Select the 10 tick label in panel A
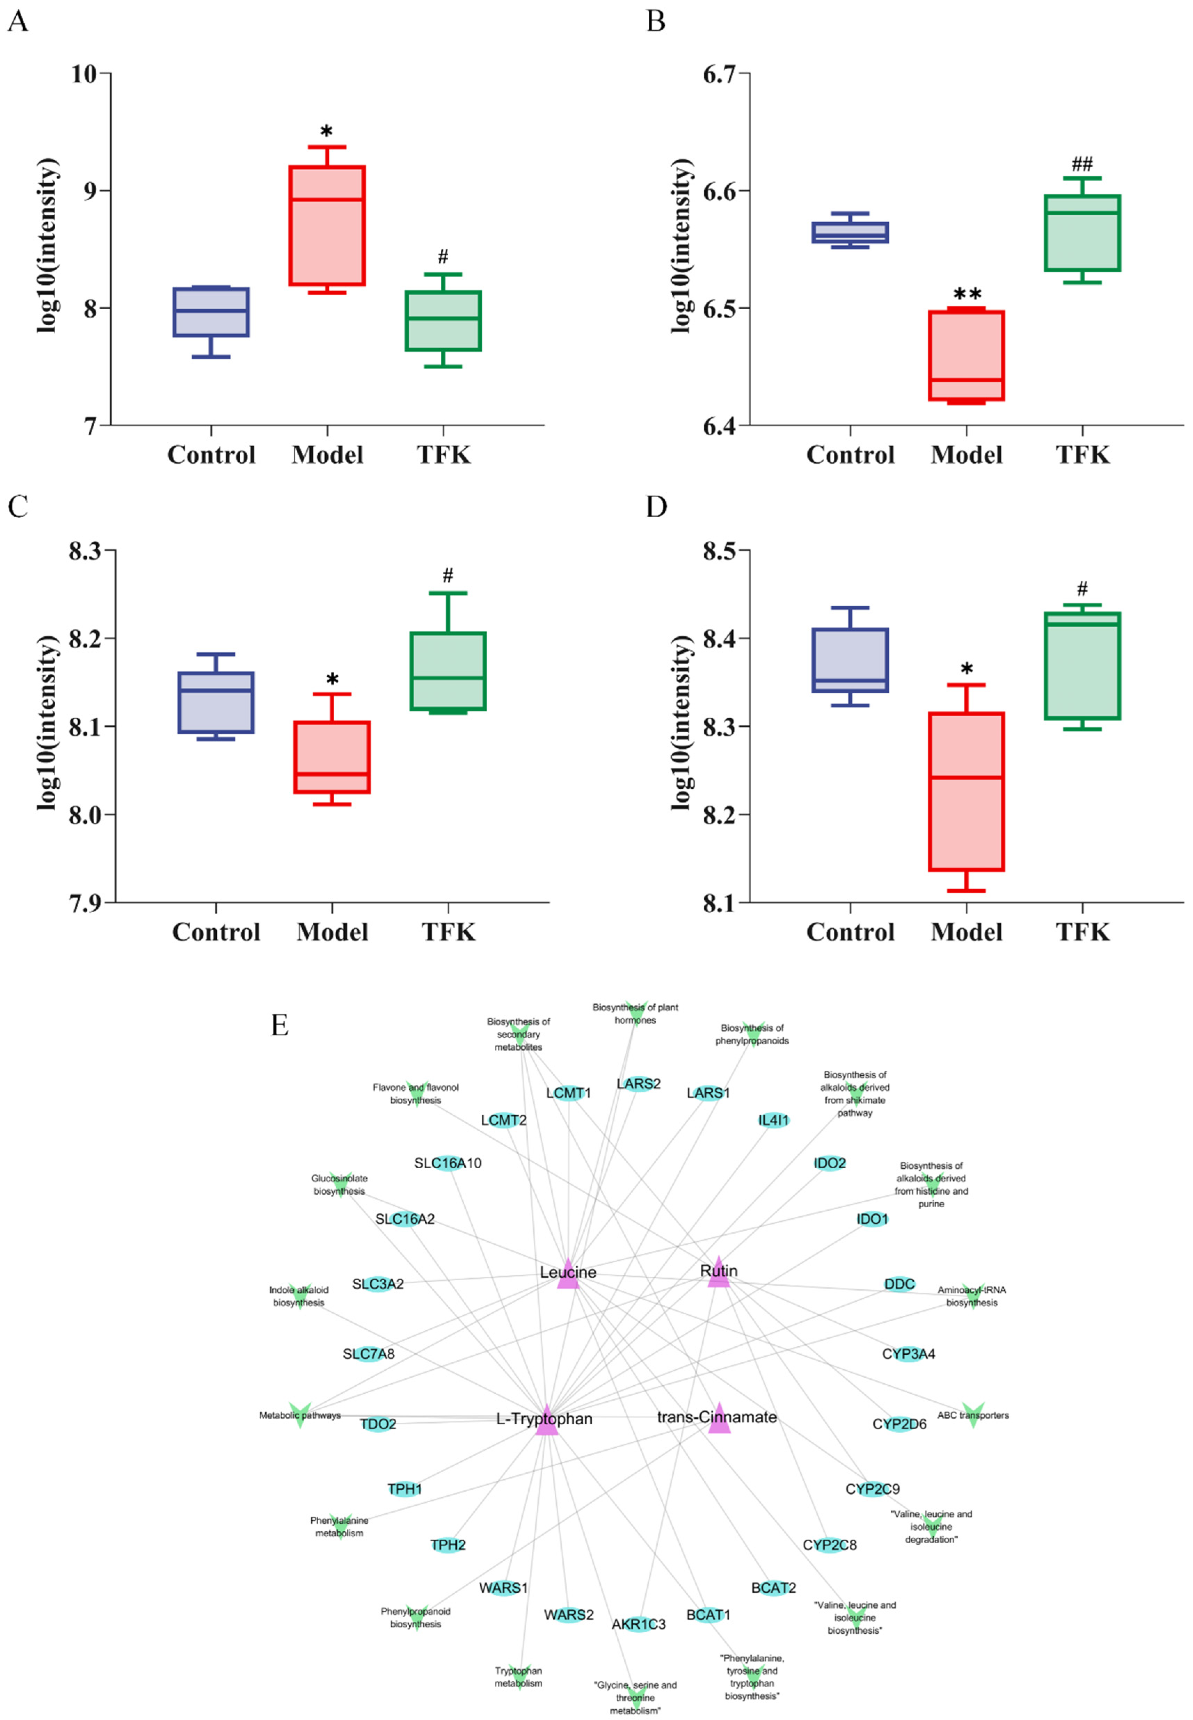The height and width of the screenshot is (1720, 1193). pyautogui.click(x=84, y=74)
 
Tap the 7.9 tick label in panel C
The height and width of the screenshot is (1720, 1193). pyautogui.click(x=85, y=903)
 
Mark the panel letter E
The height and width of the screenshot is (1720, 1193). pyautogui.click(x=280, y=1025)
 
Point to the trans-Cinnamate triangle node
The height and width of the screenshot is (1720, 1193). pyautogui.click(x=718, y=1419)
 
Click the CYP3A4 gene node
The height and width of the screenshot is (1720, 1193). pyautogui.click(x=908, y=1354)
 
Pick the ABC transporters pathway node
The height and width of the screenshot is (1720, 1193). pyautogui.click(x=972, y=1414)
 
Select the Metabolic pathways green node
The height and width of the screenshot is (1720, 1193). pyautogui.click(x=300, y=1414)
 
